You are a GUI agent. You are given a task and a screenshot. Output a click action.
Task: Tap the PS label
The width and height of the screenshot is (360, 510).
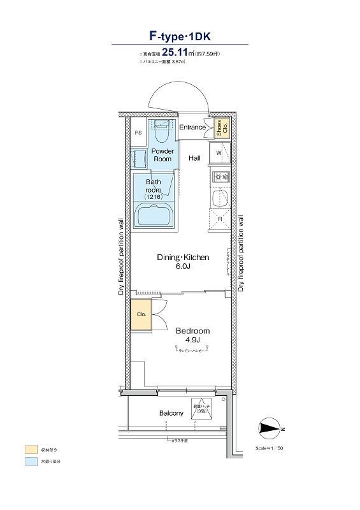[x=138, y=133]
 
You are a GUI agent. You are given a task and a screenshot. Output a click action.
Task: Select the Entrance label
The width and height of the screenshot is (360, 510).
[x=192, y=127]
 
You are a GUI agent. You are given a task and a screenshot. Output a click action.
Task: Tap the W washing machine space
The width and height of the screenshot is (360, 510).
[x=219, y=154]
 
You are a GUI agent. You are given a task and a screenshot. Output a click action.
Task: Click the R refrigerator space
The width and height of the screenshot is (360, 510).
[x=220, y=218]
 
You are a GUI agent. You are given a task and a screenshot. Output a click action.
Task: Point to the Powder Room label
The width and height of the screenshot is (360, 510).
[x=162, y=155]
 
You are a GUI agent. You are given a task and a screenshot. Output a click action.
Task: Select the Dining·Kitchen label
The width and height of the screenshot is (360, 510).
[x=184, y=262]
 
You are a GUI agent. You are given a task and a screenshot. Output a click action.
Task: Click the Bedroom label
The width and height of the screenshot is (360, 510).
[x=192, y=335]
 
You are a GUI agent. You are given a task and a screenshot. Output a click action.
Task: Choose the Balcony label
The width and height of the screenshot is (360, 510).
[x=171, y=413]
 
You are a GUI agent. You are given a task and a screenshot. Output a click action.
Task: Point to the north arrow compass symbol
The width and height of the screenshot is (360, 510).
[x=271, y=429]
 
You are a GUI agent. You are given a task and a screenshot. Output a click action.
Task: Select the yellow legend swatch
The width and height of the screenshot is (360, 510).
[x=31, y=448]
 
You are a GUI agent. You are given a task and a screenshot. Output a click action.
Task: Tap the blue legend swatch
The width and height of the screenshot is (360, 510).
[x=31, y=460]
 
